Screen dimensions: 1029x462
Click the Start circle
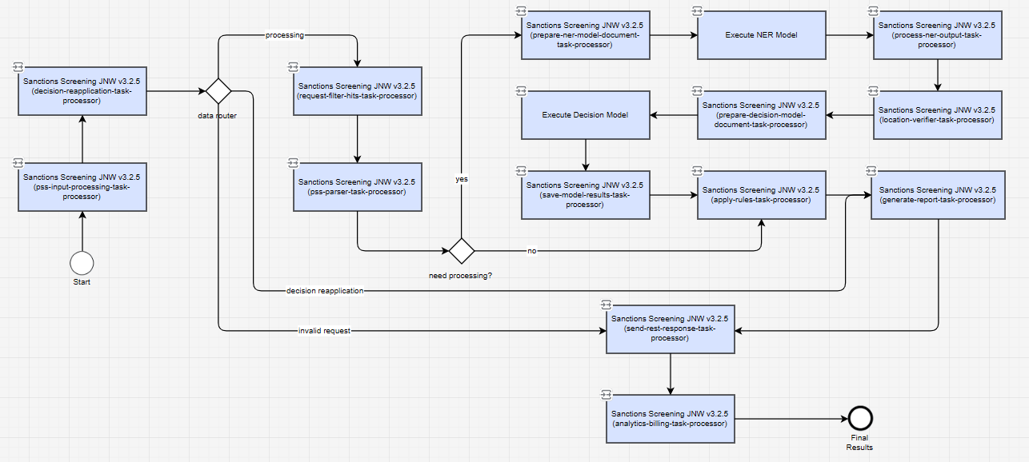click(x=82, y=263)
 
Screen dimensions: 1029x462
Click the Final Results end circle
click(x=860, y=418)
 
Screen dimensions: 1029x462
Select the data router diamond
click(x=218, y=91)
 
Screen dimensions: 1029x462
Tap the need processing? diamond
click(x=461, y=250)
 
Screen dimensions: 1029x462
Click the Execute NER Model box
click(x=761, y=35)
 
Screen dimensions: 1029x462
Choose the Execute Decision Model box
click(x=585, y=114)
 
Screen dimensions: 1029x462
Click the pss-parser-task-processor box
click(x=358, y=187)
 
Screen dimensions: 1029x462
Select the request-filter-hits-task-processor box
click(x=358, y=91)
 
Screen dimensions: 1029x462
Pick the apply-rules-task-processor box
click(x=761, y=195)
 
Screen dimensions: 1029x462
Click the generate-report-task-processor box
click(x=938, y=195)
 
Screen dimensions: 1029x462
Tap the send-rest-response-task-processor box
click(x=671, y=329)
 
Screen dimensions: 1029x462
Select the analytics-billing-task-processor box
click(x=671, y=418)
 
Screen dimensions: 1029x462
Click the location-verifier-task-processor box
click(x=938, y=114)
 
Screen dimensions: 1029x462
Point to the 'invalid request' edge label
click(x=324, y=331)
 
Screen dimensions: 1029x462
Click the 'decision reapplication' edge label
click(x=325, y=291)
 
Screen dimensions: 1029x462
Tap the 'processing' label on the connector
click(x=284, y=35)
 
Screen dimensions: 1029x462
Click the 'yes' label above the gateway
click(x=462, y=179)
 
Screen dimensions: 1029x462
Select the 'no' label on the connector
click(x=531, y=251)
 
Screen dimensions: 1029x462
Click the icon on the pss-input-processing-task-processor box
click(x=18, y=163)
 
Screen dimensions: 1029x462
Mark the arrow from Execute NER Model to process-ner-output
click(x=850, y=35)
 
